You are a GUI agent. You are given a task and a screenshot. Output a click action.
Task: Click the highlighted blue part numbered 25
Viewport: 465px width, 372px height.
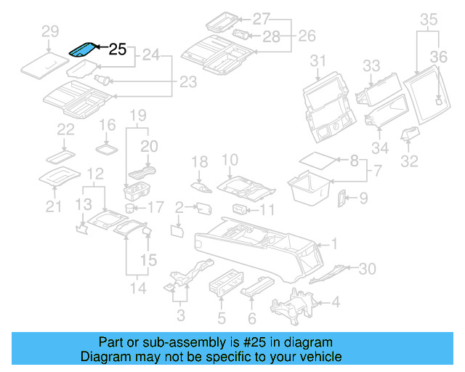(81, 49)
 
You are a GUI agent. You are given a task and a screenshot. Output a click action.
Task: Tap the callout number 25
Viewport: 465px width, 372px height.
(118, 50)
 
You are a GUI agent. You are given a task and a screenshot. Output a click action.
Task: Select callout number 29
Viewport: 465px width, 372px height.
(49, 31)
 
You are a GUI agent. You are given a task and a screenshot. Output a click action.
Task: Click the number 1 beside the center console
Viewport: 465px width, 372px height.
(335, 243)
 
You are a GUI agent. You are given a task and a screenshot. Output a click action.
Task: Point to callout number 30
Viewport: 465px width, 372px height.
(368, 269)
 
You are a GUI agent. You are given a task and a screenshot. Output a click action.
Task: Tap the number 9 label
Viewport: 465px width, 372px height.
(364, 197)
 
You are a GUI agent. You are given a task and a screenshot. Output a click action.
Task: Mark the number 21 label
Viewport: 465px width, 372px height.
(51, 208)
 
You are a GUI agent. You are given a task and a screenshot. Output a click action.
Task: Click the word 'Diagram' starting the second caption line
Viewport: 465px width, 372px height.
(105, 357)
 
